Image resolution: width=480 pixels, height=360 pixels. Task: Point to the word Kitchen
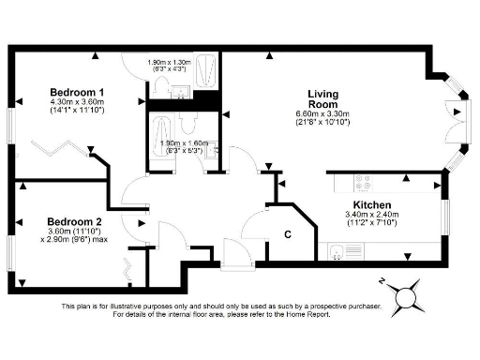[371, 205]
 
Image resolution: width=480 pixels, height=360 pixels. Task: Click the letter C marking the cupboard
[289, 233]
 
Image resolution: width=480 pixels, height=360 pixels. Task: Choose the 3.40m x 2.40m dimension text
[375, 216]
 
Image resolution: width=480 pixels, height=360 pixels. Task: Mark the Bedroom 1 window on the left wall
[11, 131]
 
